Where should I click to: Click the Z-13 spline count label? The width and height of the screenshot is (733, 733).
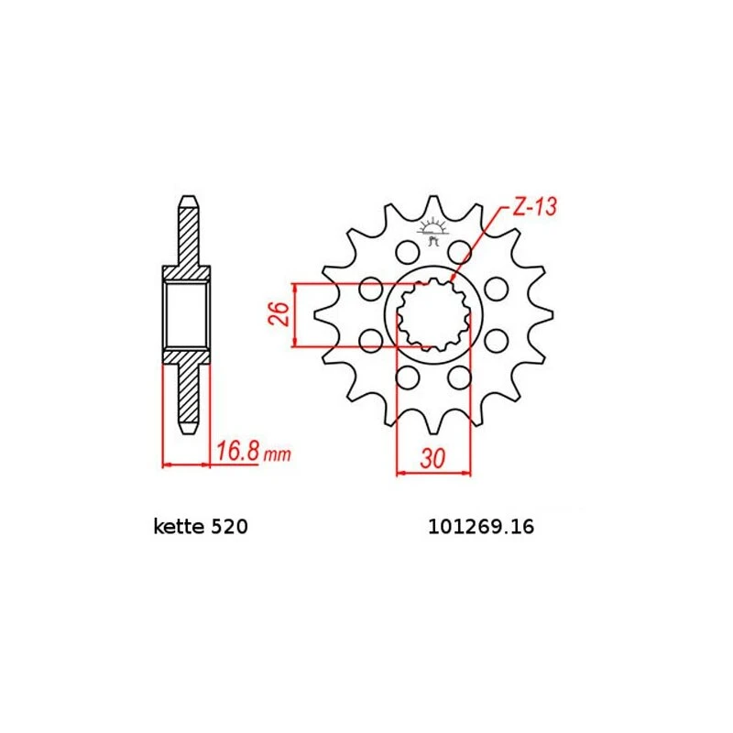coord(535,207)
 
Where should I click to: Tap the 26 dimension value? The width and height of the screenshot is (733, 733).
coord(279,314)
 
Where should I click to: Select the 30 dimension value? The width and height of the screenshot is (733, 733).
coord(432,459)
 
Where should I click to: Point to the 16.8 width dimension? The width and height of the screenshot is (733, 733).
coord(237,452)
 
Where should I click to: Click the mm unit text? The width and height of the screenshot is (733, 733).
coord(278,454)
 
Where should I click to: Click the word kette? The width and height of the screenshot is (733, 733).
coord(179,527)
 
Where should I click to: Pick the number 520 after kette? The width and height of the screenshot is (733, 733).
coord(229,527)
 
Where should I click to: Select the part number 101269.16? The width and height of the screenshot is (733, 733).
coord(481,527)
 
